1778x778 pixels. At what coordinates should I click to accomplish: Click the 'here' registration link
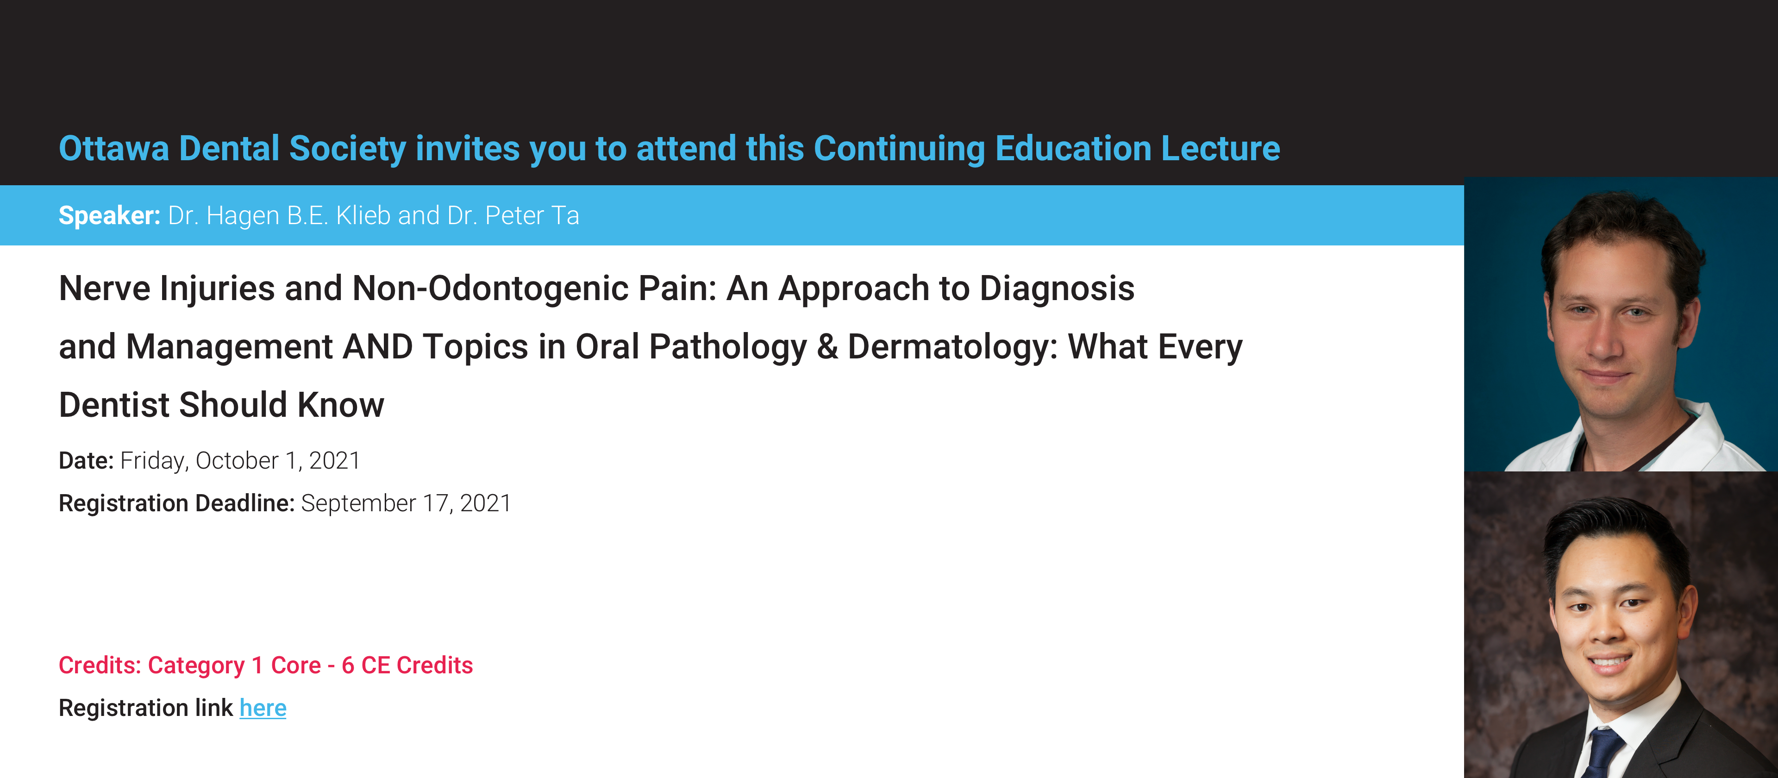pyautogui.click(x=263, y=708)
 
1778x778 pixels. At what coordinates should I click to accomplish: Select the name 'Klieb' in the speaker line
pyautogui.click(x=363, y=215)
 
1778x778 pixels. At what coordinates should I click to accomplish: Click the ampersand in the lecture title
pyautogui.click(x=827, y=346)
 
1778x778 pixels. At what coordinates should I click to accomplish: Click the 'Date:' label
pyautogui.click(x=86, y=460)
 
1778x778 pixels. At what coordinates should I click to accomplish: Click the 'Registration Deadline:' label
pyautogui.click(x=177, y=503)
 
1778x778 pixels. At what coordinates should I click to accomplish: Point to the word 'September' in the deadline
pyautogui.click(x=359, y=504)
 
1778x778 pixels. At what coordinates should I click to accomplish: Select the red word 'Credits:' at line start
pyautogui.click(x=100, y=665)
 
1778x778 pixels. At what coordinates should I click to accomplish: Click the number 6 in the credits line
pyautogui.click(x=348, y=665)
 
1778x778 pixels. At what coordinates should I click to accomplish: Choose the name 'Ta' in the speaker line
pyautogui.click(x=565, y=215)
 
